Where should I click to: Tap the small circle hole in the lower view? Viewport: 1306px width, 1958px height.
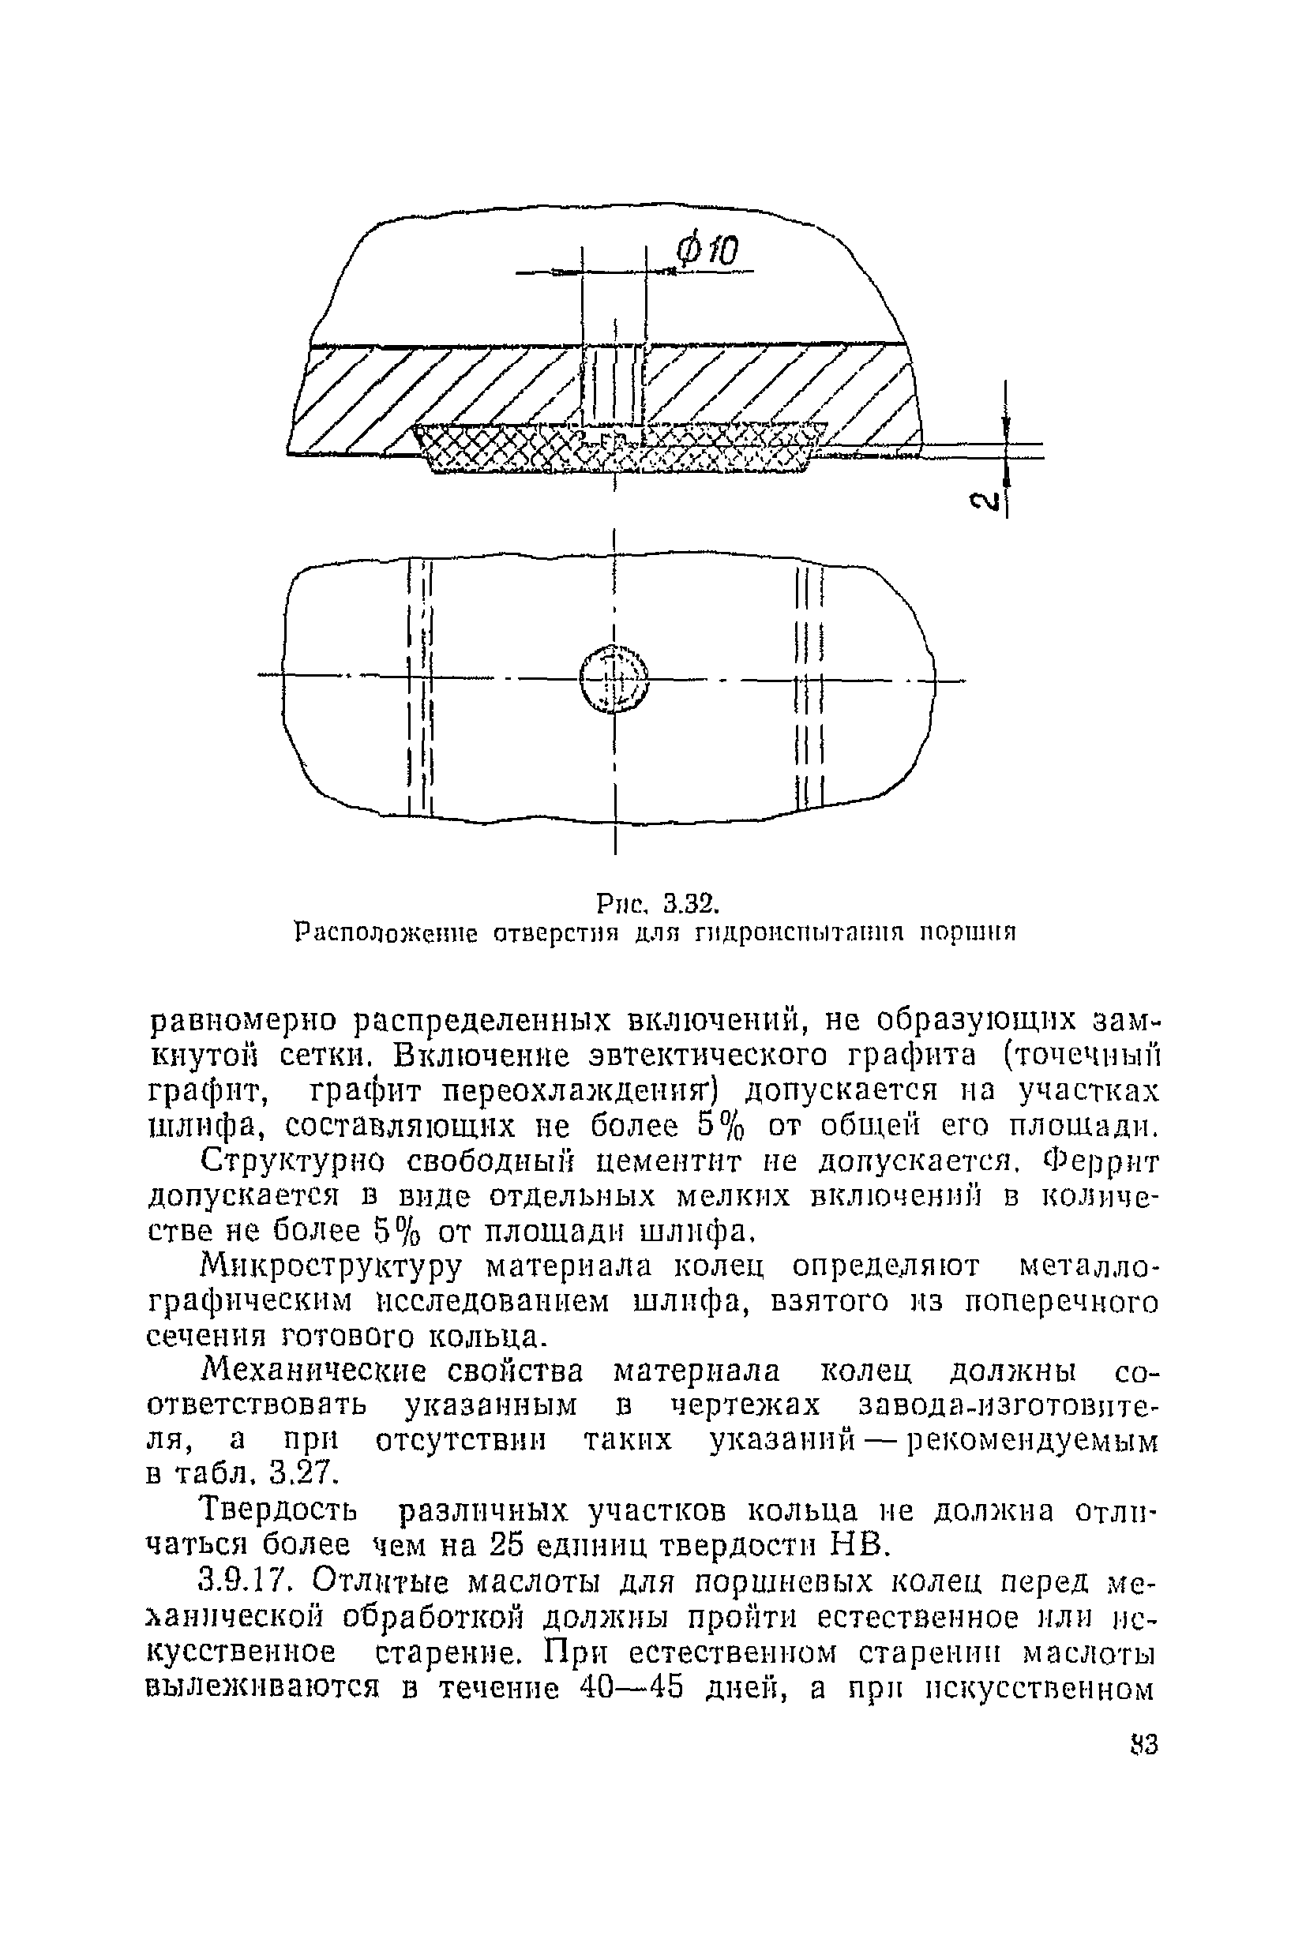pyautogui.click(x=614, y=679)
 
